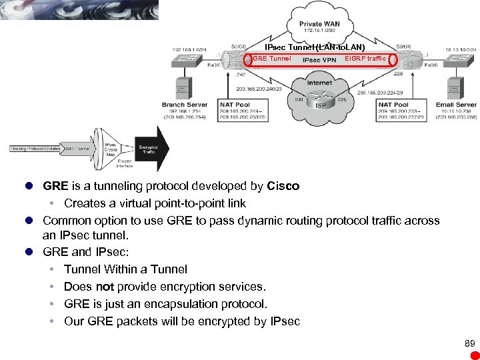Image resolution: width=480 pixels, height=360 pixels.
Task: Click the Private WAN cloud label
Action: (x=322, y=24)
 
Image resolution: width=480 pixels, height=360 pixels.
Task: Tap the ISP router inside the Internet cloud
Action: (x=321, y=105)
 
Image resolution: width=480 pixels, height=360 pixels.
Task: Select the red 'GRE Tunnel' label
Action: (x=272, y=59)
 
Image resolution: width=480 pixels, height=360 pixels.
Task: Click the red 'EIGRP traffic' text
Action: (x=365, y=59)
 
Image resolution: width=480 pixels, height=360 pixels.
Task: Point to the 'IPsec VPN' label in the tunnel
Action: (x=319, y=60)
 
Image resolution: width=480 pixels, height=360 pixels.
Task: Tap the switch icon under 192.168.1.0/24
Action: (x=184, y=60)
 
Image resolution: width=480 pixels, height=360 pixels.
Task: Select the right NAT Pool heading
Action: (x=393, y=105)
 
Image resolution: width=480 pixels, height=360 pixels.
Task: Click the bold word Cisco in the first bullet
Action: (x=283, y=186)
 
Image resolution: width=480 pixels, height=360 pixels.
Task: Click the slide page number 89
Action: (x=469, y=343)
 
